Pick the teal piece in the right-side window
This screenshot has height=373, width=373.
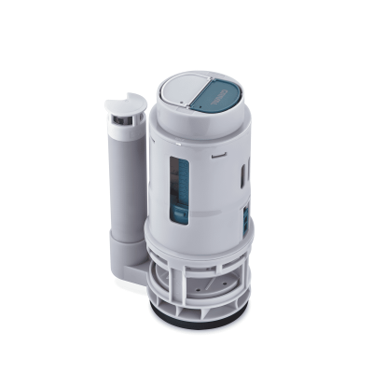245,222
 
